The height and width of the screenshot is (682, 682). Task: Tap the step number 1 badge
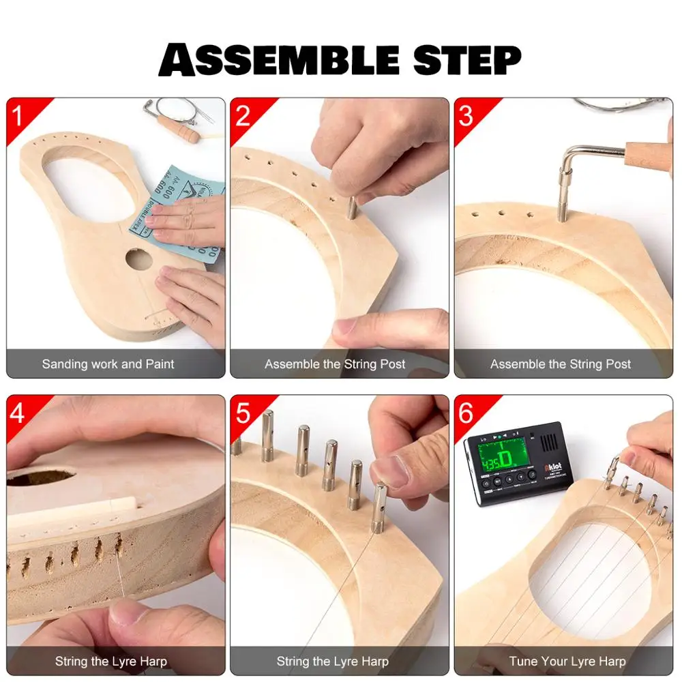point(18,116)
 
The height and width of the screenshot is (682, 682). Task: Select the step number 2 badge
point(243,116)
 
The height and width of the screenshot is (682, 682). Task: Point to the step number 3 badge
point(466,116)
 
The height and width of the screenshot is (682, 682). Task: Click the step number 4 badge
point(18,413)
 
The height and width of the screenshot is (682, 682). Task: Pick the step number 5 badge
point(243,413)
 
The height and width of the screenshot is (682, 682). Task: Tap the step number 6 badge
point(466,413)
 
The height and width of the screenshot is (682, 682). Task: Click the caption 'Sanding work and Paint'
point(108,364)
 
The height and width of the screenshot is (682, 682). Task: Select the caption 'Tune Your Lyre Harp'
point(567,661)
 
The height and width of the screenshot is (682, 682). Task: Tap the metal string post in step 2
point(351,207)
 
